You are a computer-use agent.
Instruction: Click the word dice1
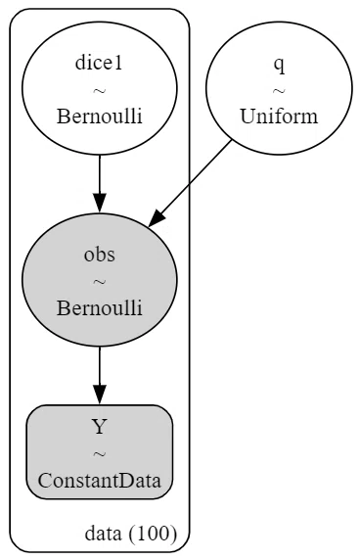(99, 63)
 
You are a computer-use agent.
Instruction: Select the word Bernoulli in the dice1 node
(100, 117)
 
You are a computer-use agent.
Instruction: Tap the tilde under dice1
(100, 91)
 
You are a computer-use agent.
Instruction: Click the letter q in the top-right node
(280, 65)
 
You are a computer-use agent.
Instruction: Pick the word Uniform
(279, 117)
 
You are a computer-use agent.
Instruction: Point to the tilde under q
(279, 91)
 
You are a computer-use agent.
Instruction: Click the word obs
(100, 255)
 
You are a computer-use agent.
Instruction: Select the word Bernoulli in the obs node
(100, 307)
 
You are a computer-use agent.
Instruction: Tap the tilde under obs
(100, 282)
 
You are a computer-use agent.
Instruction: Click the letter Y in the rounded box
(100, 427)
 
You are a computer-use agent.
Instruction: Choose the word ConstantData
(100, 481)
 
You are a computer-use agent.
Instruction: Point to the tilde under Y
(100, 454)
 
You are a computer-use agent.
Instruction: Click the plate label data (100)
(131, 534)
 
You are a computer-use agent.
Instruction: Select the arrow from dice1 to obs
(100, 184)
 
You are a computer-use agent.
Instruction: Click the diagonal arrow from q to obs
(190, 183)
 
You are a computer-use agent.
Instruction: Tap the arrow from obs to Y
(100, 375)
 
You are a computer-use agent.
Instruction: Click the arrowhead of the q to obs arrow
(157, 218)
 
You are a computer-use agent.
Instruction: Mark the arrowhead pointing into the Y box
(100, 395)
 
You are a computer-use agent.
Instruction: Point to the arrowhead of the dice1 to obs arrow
(100, 204)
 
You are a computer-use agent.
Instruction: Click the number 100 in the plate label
(153, 534)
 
